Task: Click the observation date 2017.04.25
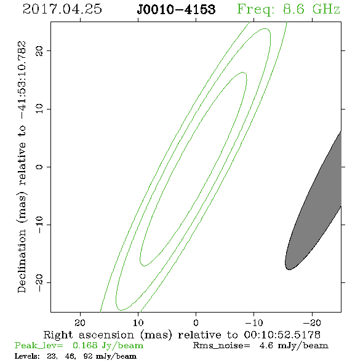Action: (62, 9)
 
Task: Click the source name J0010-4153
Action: (176, 10)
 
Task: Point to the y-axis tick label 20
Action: (39, 51)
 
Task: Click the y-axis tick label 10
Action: (39, 108)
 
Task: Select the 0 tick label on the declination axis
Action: (39, 167)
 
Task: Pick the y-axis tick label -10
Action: (39, 225)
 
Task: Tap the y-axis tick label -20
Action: (39, 283)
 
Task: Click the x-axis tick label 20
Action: (80, 322)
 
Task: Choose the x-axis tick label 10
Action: (138, 322)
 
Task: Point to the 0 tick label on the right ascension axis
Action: (196, 322)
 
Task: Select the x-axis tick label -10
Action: (254, 322)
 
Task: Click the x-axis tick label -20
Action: (312, 322)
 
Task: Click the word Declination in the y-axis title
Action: (22, 261)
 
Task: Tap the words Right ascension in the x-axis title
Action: (89, 335)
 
